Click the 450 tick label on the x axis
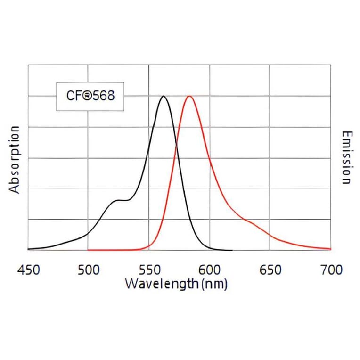point(28,270)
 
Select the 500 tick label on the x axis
point(88,270)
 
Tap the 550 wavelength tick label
point(149,270)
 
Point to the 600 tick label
point(209,270)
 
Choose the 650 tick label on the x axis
point(270,270)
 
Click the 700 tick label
point(331,270)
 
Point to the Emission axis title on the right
point(346,157)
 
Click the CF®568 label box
point(90,96)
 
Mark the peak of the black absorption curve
point(164,96)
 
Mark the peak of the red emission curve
point(189,96)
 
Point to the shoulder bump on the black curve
point(118,200)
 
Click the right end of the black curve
point(232,250)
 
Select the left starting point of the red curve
point(89,250)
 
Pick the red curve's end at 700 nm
point(330,249)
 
